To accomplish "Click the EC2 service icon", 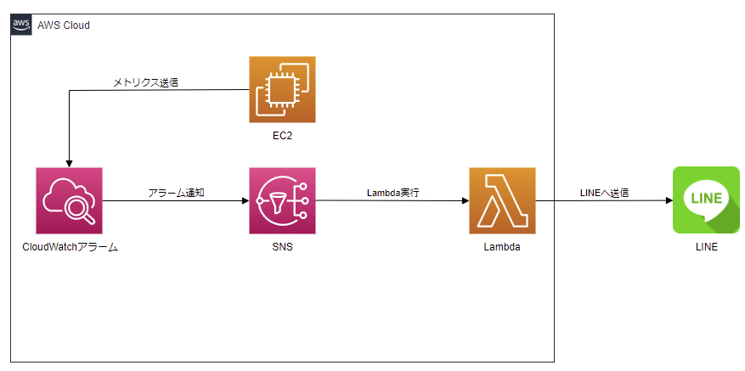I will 282,89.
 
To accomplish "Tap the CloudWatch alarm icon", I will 69,200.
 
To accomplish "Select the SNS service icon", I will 282,200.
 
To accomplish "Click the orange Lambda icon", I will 502,200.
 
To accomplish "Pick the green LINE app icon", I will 705,200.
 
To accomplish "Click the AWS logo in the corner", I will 21,25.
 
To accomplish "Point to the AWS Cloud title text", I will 64,25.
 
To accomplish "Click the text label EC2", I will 282,135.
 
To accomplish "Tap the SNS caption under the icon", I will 282,247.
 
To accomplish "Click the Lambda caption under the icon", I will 502,247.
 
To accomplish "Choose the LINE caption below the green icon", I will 705,247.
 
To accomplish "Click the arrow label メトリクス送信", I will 145,82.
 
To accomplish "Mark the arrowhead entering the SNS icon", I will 245,201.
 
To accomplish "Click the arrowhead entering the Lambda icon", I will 465,201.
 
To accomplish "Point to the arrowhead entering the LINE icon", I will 668,201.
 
